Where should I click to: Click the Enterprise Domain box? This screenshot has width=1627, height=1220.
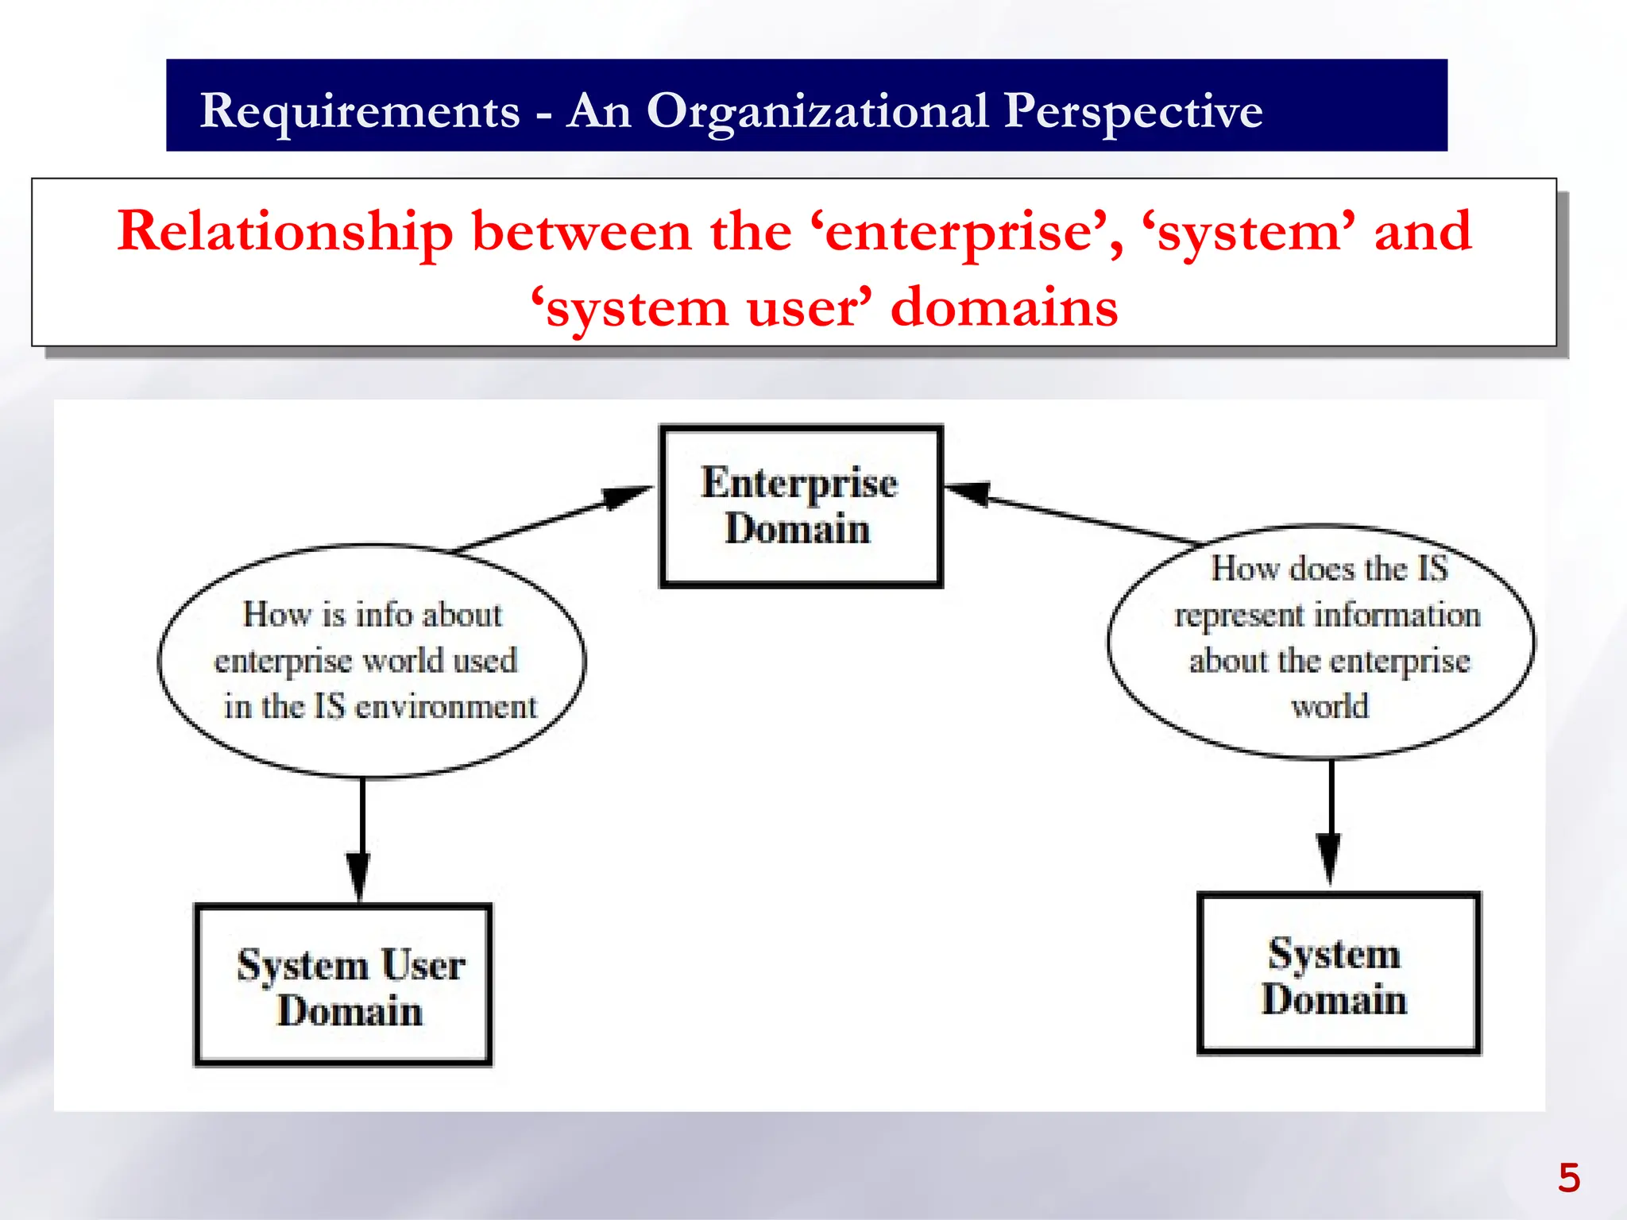[801, 506]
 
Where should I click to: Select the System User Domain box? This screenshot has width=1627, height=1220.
[343, 984]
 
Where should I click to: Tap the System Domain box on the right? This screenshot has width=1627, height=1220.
[1339, 973]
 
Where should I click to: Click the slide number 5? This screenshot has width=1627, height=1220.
[1568, 1178]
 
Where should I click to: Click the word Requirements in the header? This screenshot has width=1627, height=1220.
[359, 111]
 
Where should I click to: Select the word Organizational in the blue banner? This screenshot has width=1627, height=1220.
[817, 111]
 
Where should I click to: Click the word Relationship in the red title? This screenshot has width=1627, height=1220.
[284, 231]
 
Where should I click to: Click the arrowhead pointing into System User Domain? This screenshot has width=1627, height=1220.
[358, 875]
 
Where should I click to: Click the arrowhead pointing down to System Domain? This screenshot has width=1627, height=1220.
[1329, 859]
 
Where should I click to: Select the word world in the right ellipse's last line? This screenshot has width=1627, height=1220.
[1329, 706]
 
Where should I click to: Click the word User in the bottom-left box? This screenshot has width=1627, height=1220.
[423, 965]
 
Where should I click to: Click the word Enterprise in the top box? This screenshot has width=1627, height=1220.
[799, 483]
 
